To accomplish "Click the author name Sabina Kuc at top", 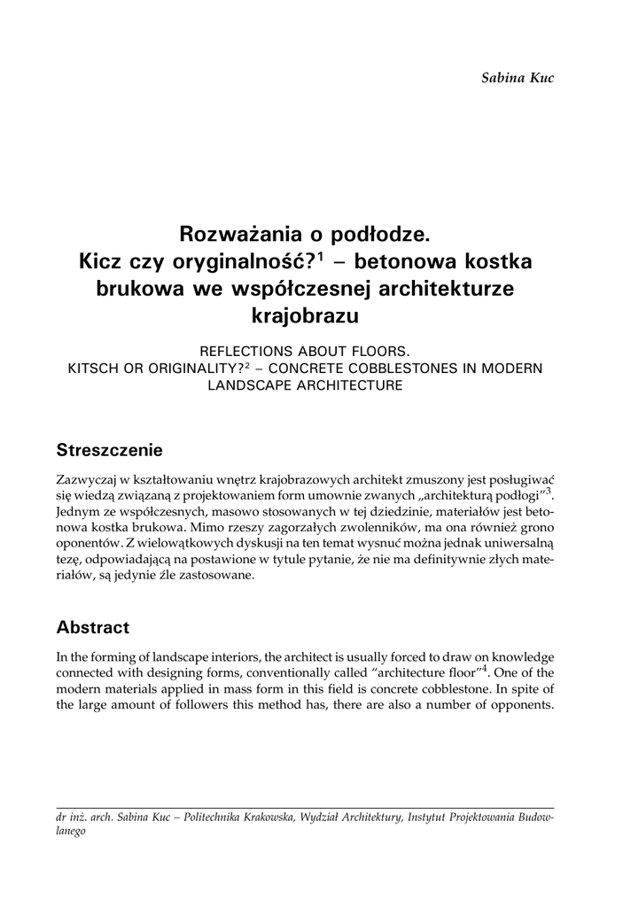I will pyautogui.click(x=518, y=77).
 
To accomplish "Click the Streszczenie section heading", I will pyautogui.click(x=109, y=450).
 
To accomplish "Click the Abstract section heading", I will pyautogui.click(x=93, y=627).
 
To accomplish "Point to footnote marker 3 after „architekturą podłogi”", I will pyautogui.click(x=549, y=491).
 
